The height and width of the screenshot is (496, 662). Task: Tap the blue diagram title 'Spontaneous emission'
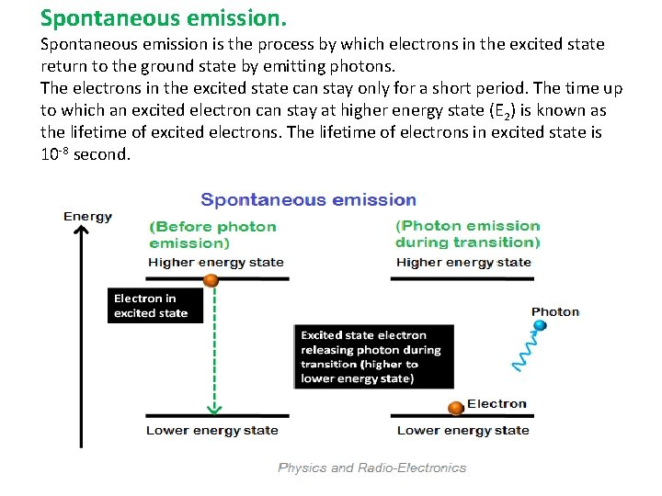point(308,200)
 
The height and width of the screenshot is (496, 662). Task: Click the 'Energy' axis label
point(88,217)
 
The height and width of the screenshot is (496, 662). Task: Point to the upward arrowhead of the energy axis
point(82,232)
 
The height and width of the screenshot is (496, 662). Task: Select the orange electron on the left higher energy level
point(211,279)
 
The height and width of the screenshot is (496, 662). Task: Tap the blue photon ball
point(540,324)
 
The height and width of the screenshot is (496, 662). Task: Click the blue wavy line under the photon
point(525,351)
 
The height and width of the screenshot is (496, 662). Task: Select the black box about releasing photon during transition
point(373,356)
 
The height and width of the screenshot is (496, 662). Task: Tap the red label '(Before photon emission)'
point(212,234)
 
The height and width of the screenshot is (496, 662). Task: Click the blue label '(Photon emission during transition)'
point(467,234)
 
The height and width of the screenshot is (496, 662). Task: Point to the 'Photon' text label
point(555,311)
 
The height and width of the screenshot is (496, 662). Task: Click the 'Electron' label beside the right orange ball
point(496,403)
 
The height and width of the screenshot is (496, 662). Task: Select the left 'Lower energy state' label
point(211,430)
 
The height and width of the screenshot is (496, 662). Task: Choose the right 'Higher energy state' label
point(463,262)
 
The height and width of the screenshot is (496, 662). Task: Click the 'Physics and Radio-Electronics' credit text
point(371,468)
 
